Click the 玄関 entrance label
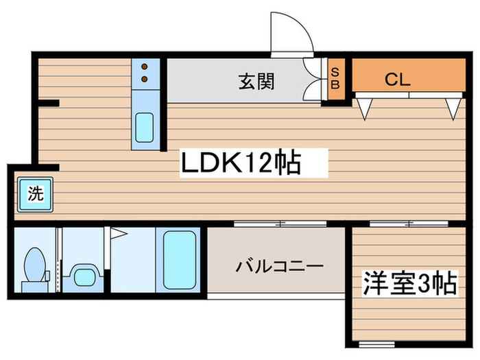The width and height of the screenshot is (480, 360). [x=257, y=82]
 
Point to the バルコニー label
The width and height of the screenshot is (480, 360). [x=276, y=265]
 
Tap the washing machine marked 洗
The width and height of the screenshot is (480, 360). [x=34, y=194]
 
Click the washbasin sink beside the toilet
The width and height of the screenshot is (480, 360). [x=85, y=276]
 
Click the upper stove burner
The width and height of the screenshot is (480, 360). [x=145, y=67]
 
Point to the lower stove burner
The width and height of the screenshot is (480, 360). [x=145, y=79]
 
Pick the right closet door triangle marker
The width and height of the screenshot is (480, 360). [x=452, y=108]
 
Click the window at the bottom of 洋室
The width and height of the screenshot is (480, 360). [x=376, y=343]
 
